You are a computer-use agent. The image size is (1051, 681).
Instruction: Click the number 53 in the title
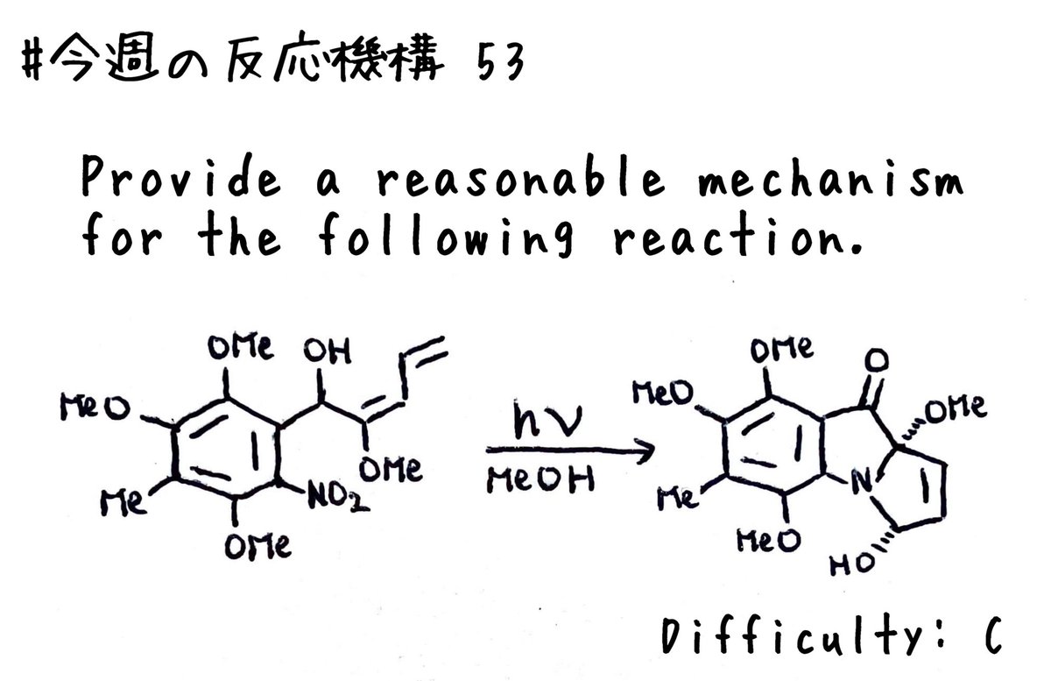[x=500, y=63]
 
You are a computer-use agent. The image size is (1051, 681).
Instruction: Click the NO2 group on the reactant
[x=338, y=496]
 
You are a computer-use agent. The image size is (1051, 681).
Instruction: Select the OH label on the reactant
[x=327, y=351]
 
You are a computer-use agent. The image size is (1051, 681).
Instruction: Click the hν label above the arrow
[x=547, y=419]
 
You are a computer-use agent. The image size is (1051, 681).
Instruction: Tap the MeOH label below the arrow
[x=540, y=479]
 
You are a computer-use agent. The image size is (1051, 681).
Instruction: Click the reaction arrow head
[x=646, y=450]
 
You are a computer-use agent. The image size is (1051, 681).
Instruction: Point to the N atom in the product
[x=862, y=482]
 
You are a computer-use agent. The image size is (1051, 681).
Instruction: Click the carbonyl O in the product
[x=876, y=361]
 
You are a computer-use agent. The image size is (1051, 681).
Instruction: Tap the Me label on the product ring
[x=678, y=499]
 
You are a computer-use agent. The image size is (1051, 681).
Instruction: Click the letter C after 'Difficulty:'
[x=993, y=635]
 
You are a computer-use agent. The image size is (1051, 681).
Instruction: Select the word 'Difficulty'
[x=794, y=634]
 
